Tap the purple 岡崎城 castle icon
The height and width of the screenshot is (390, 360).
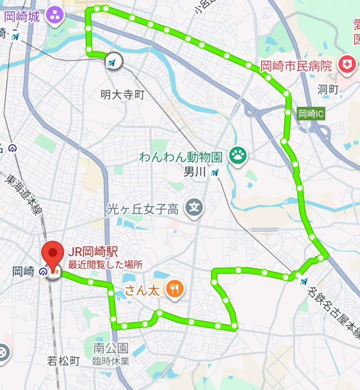[55, 16]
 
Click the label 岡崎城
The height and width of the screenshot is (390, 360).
[22, 17]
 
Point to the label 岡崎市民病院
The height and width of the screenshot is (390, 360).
[296, 66]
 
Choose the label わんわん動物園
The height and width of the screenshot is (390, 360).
[181, 158]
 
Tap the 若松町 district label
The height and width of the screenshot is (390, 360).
[63, 360]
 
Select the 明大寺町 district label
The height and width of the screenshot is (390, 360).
[122, 95]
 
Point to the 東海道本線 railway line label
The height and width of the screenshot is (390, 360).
[24, 195]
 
